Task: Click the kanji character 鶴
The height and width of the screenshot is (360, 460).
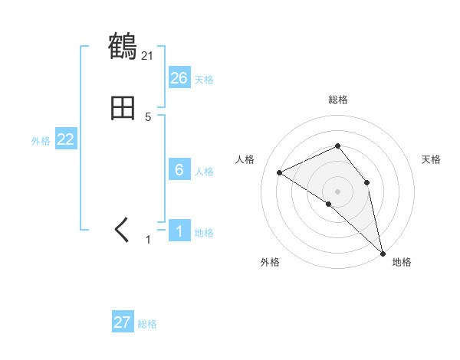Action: click(x=123, y=47)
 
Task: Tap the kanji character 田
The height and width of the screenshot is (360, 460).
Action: click(x=123, y=109)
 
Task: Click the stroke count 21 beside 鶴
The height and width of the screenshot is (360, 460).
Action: click(x=147, y=55)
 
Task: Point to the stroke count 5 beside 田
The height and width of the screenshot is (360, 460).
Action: click(x=148, y=117)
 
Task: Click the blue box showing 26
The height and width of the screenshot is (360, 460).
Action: click(x=179, y=78)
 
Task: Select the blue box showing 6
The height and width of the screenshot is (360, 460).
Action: click(x=179, y=170)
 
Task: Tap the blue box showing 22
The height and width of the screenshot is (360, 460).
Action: click(x=66, y=139)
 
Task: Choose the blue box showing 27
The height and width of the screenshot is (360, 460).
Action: click(x=123, y=322)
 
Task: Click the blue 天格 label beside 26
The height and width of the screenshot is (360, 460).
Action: click(x=203, y=80)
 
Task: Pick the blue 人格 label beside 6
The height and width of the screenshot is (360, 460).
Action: click(x=204, y=172)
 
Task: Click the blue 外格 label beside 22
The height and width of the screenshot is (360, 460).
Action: click(x=41, y=141)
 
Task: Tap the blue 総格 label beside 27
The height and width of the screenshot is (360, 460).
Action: click(x=147, y=324)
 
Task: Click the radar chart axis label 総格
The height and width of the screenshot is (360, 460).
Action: click(x=338, y=100)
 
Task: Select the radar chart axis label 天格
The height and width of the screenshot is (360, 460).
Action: click(x=432, y=159)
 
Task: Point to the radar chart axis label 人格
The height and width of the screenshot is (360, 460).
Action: click(x=245, y=159)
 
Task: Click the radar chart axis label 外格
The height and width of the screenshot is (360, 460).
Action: click(x=270, y=262)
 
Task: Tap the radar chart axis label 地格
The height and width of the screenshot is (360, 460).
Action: click(x=402, y=262)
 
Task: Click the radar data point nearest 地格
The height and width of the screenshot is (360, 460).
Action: click(x=383, y=252)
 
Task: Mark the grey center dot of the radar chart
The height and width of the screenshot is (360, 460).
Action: click(x=338, y=191)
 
